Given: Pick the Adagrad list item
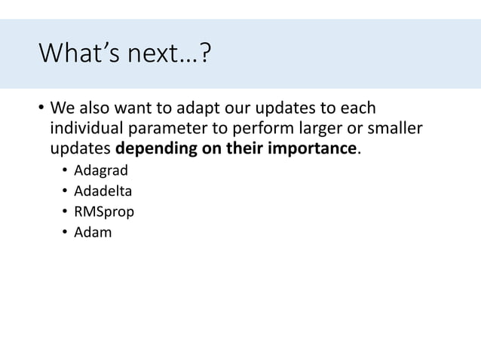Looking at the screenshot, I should [x=100, y=169].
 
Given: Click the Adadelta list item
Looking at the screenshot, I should [x=103, y=191].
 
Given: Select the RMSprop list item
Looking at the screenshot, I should [x=104, y=212].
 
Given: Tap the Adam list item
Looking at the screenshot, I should [x=92, y=232].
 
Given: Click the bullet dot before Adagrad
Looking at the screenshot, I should [x=66, y=169].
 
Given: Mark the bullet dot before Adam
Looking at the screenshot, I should [x=66, y=232].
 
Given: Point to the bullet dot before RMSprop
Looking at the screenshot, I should [x=66, y=212].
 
